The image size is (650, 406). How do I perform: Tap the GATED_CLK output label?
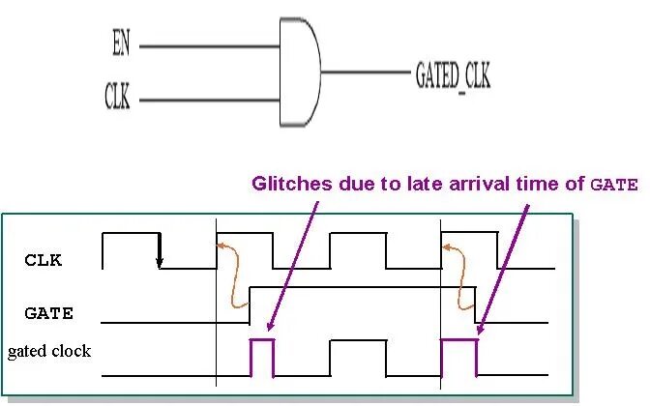(x=452, y=75)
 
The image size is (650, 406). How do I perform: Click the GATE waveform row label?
(x=49, y=312)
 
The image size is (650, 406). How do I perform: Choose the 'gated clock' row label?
(x=48, y=351)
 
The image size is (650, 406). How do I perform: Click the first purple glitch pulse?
(x=262, y=356)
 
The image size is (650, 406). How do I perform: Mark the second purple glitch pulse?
(x=459, y=356)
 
